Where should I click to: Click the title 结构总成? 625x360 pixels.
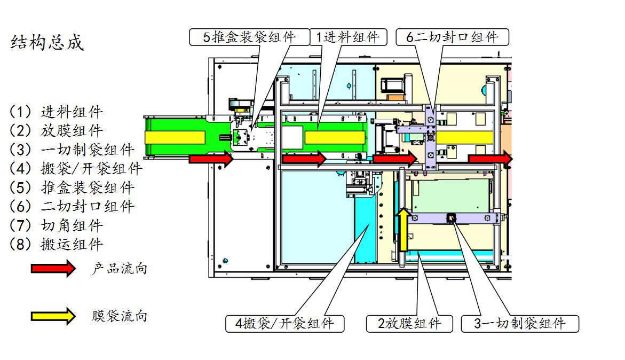click(x=47, y=43)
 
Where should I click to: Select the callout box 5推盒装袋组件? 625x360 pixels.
click(x=250, y=37)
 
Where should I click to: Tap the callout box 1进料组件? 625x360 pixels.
click(x=348, y=37)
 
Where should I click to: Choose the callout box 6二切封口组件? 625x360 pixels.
click(x=452, y=37)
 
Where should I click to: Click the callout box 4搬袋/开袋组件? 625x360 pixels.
click(x=284, y=323)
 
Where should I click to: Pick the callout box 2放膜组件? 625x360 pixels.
click(x=409, y=323)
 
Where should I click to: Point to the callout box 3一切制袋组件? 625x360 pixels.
click(x=520, y=323)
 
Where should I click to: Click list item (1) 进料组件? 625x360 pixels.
click(x=56, y=112)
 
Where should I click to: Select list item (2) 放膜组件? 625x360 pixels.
click(x=56, y=131)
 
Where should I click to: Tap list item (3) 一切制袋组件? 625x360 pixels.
click(x=72, y=150)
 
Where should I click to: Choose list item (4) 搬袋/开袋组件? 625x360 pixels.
click(x=76, y=169)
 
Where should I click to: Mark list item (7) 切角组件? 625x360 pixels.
click(x=56, y=225)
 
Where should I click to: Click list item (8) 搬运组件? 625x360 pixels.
click(x=56, y=245)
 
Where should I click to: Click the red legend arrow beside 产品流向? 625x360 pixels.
click(x=53, y=268)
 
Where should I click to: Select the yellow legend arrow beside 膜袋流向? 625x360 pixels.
click(x=53, y=316)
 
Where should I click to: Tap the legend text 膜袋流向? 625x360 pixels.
click(x=120, y=316)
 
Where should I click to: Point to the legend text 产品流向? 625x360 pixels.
click(x=120, y=269)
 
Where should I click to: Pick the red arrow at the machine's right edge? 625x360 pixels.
click(x=490, y=159)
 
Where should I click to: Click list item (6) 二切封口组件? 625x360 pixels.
click(x=72, y=207)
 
